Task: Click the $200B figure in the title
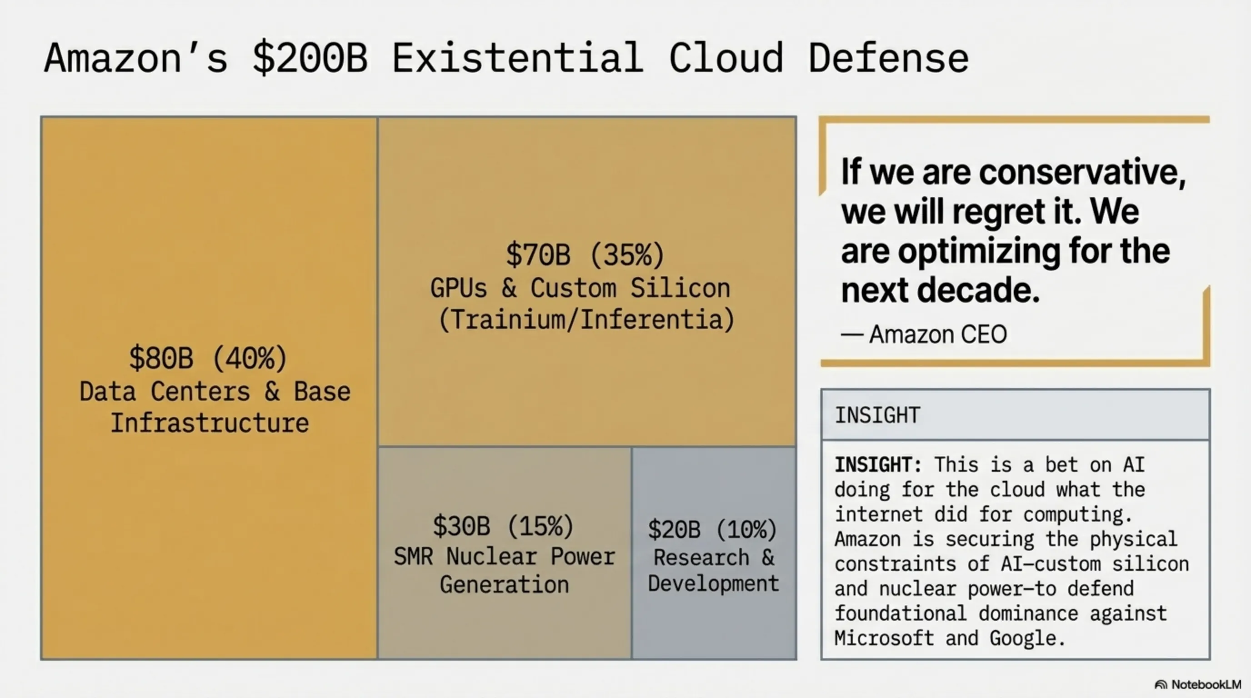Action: pos(310,58)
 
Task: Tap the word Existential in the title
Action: pos(517,58)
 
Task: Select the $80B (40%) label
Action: pos(208,358)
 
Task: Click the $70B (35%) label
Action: pos(585,255)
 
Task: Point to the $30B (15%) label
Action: pos(503,526)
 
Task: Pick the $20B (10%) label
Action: pos(712,529)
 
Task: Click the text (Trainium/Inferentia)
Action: pos(586,320)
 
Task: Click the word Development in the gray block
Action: pos(713,583)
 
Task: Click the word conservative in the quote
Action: pos(1082,172)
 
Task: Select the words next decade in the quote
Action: pos(940,290)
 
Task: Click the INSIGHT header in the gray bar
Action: pos(877,415)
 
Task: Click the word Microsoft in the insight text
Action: pos(884,638)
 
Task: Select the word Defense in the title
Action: pos(888,58)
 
